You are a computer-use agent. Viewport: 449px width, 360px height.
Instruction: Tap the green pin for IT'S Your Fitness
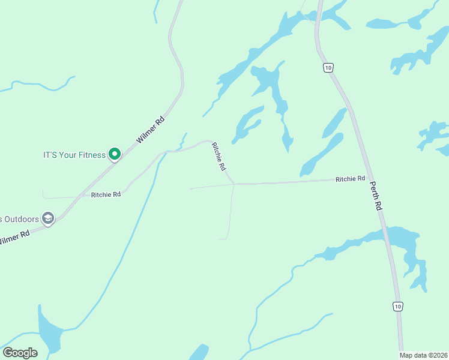pyautogui.click(x=114, y=154)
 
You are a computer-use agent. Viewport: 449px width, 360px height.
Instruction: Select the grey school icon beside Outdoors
pyautogui.click(x=48, y=218)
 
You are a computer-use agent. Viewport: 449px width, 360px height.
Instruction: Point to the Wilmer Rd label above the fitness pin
pyautogui.click(x=150, y=130)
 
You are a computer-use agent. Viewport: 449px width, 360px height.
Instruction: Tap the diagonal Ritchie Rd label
pyautogui.click(x=219, y=159)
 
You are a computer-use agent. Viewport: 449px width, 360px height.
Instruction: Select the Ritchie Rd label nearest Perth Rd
pyautogui.click(x=351, y=179)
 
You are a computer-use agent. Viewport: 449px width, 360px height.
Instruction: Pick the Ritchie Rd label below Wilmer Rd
pyautogui.click(x=106, y=194)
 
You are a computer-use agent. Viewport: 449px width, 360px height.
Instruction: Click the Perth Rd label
pyautogui.click(x=376, y=196)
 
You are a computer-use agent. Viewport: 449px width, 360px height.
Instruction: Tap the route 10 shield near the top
pyautogui.click(x=327, y=68)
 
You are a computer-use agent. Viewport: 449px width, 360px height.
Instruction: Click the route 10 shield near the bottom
pyautogui.click(x=397, y=307)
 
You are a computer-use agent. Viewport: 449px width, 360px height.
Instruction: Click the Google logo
pyautogui.click(x=20, y=353)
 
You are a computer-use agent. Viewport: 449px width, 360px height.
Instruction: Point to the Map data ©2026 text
pyautogui.click(x=423, y=355)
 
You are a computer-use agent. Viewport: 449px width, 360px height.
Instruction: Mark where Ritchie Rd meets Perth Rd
pyautogui.click(x=367, y=178)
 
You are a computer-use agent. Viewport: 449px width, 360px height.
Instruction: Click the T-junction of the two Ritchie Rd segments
pyautogui.click(x=234, y=184)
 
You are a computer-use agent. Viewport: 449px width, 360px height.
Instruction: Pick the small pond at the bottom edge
pyautogui.click(x=199, y=352)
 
